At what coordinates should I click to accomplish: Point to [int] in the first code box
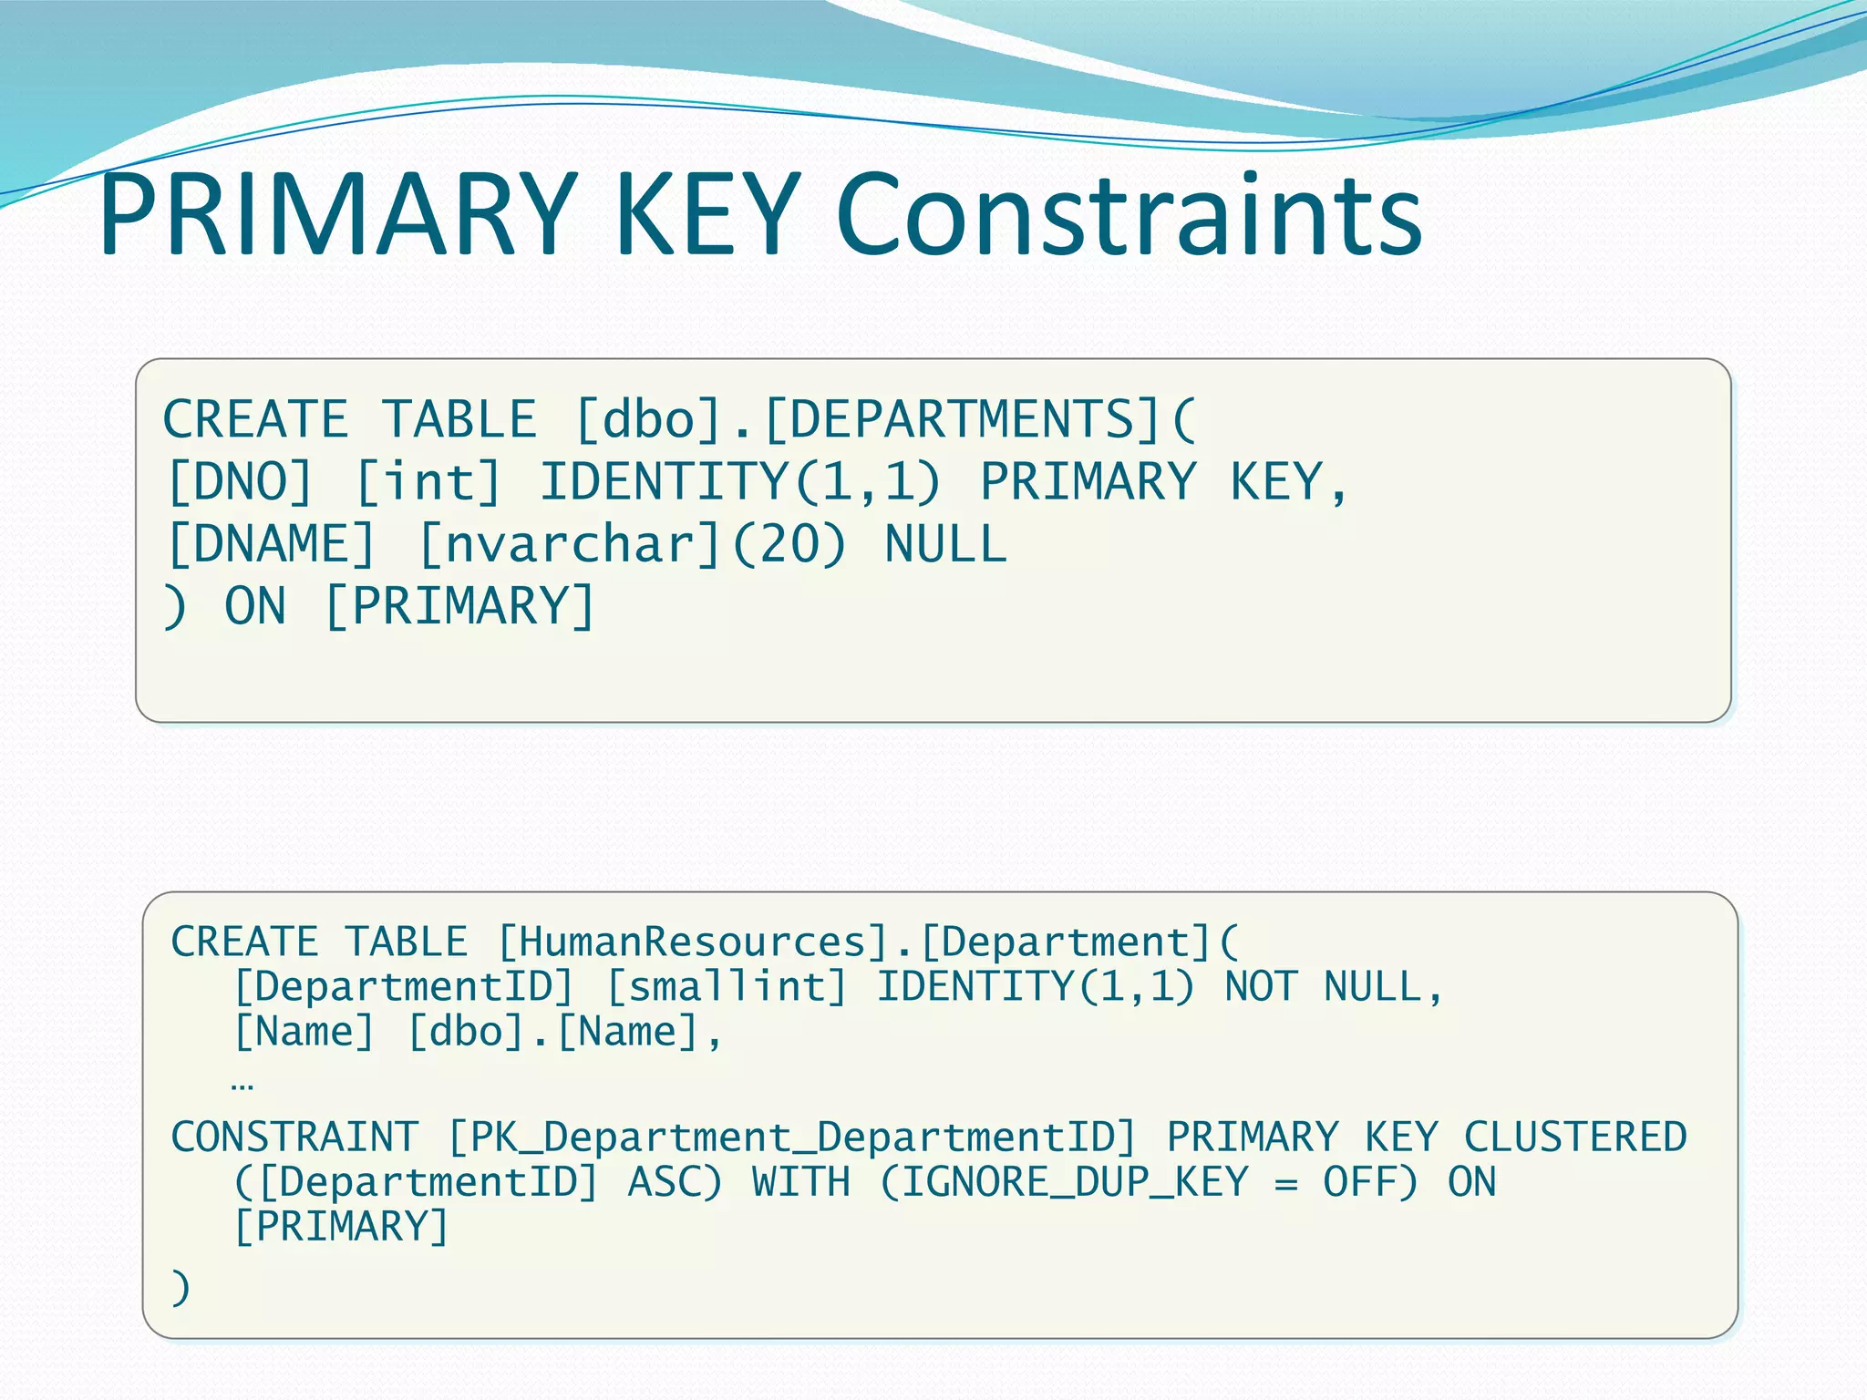tap(428, 482)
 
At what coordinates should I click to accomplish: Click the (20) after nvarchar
tap(789, 544)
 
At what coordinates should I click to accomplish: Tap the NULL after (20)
tap(945, 544)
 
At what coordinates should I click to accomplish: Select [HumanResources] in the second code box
tap(693, 942)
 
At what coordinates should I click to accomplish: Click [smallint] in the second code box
tap(727, 987)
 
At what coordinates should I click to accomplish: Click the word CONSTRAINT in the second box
tap(294, 1137)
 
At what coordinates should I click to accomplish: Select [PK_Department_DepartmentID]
tap(792, 1137)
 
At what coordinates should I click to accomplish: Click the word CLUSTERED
tap(1574, 1137)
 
